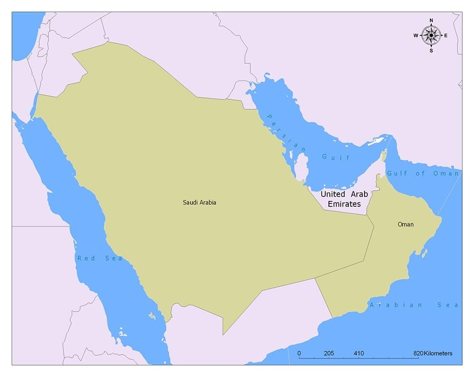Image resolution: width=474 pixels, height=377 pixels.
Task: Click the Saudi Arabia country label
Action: tap(200, 202)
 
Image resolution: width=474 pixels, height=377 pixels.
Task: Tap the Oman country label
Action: tap(405, 224)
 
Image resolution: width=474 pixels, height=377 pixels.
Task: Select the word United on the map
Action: tap(333, 194)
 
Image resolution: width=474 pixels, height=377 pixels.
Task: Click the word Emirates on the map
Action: tap(344, 204)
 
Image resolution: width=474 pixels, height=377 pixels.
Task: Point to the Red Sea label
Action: tap(100, 258)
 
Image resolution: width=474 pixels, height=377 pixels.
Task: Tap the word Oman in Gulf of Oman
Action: tap(446, 174)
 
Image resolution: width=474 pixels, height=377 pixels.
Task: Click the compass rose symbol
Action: tap(431, 35)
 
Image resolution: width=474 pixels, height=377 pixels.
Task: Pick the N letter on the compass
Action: tap(431, 20)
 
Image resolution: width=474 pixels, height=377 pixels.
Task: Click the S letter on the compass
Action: tap(431, 51)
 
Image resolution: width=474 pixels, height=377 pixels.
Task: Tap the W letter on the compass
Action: tap(416, 35)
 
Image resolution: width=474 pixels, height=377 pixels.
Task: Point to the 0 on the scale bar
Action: tap(299, 353)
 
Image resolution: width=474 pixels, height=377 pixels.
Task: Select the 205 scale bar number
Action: tap(329, 353)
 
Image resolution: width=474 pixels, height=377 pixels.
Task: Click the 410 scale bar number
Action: tap(358, 353)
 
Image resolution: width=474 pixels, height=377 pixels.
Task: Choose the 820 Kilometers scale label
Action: tap(432, 353)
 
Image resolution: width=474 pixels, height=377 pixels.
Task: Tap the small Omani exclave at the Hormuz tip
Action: tap(384, 156)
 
